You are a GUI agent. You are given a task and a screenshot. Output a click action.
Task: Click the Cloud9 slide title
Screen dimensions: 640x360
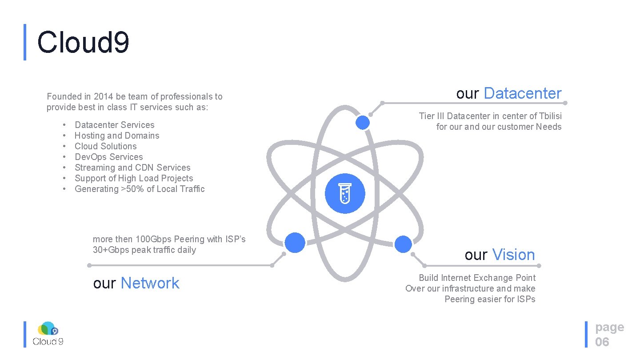(83, 43)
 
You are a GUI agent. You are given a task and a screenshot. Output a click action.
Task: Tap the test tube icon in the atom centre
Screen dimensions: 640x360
(345, 194)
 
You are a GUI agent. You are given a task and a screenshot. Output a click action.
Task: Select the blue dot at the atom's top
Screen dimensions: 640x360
(363, 123)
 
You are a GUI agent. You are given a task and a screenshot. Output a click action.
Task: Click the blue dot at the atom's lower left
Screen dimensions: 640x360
(295, 243)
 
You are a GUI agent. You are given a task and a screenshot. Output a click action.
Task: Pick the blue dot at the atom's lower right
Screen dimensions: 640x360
(403, 244)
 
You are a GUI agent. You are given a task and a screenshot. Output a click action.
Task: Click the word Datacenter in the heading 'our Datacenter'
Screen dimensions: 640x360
(523, 93)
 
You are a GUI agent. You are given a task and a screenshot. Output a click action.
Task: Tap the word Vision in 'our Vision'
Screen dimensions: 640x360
(513, 255)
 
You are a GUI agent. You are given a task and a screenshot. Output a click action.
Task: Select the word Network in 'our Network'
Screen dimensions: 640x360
(150, 283)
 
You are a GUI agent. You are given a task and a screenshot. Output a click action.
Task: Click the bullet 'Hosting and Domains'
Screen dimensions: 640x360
(117, 136)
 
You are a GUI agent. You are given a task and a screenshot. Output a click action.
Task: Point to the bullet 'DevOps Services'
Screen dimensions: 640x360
(109, 157)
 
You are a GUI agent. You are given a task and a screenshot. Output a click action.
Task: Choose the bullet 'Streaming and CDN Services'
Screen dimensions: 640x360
(132, 168)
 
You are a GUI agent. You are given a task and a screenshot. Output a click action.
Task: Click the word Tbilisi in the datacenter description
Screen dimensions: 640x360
(550, 116)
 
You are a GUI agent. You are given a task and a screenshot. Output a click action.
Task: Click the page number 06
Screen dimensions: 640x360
(602, 342)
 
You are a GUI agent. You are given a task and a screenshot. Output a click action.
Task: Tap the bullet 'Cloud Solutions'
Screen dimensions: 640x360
(106, 146)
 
